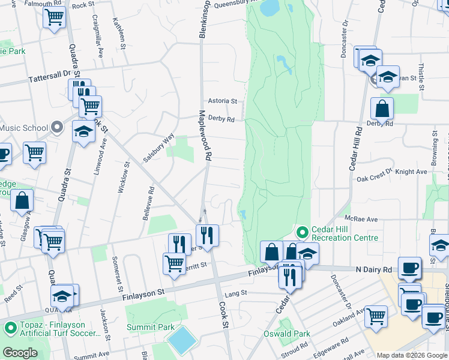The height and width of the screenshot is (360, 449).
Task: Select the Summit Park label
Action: (x=149, y=327)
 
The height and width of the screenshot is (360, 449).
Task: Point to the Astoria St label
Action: (x=222, y=101)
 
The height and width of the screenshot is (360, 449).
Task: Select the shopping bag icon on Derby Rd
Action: (x=382, y=109)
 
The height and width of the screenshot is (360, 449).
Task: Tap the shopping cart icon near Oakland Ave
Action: (x=376, y=314)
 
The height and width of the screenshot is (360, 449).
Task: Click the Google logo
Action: (x=20, y=353)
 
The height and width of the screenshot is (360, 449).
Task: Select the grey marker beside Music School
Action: (x=57, y=127)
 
